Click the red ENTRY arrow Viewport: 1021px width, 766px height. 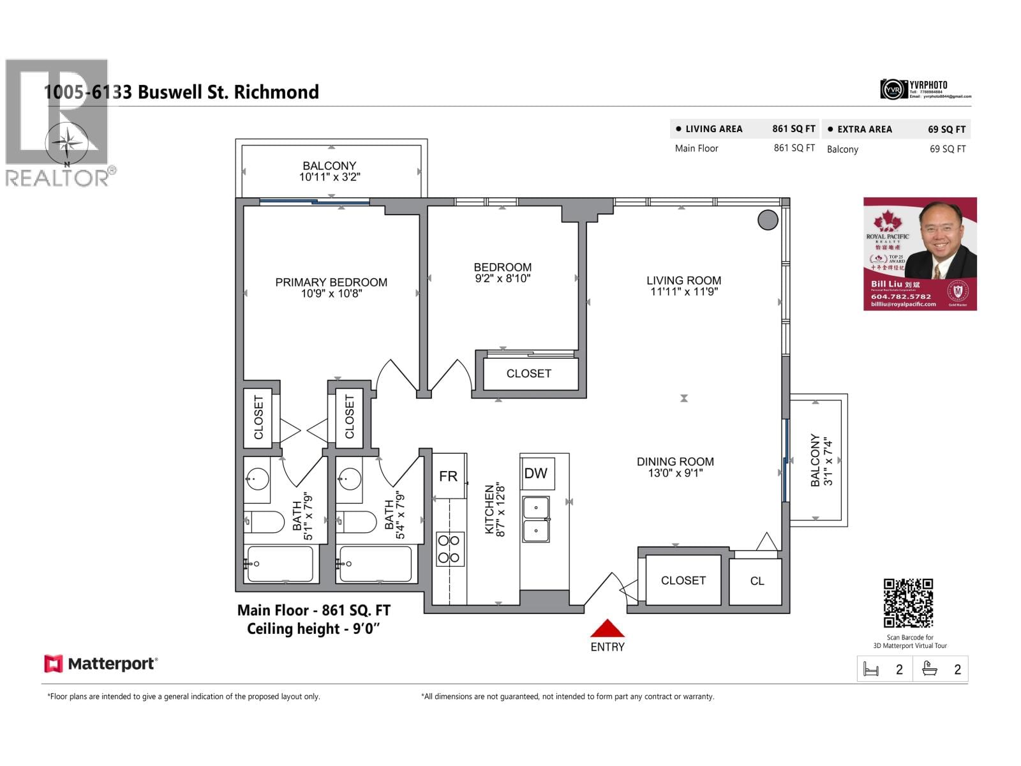[607, 629]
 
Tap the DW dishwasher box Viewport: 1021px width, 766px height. [536, 474]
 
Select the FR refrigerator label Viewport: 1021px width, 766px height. [448, 476]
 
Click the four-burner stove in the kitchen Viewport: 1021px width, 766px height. [450, 549]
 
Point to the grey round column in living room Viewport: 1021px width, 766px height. [768, 220]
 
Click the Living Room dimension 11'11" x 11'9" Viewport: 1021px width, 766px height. [684, 292]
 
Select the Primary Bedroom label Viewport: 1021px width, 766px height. [331, 282]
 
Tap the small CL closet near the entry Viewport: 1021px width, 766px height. [756, 581]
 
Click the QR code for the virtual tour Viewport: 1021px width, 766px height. [908, 603]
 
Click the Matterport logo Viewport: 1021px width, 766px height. [101, 664]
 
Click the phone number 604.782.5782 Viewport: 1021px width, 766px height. [901, 297]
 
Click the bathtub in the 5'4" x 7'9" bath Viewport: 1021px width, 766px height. [375, 564]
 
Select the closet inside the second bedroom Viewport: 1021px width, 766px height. [529, 373]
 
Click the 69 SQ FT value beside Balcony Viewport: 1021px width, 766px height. [947, 149]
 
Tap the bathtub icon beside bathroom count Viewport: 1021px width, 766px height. [930, 669]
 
